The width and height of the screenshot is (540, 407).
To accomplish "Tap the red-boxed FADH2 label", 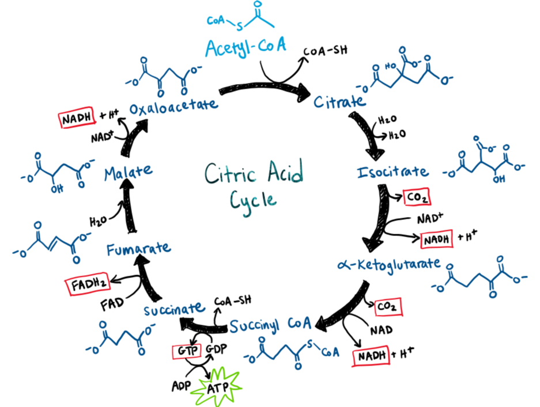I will pos(86,284).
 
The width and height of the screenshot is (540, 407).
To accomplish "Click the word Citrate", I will pos(340,102).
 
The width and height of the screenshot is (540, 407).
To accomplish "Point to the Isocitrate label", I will pos(393,172).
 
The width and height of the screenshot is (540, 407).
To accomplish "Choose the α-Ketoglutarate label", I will pos(390,264).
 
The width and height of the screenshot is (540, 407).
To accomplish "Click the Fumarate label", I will pos(138,249).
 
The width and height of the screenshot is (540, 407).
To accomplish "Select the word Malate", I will pos(129,171).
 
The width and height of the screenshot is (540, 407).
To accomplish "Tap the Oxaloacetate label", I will pos(173,106).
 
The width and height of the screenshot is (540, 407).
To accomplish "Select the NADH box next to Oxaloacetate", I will pos(77,119).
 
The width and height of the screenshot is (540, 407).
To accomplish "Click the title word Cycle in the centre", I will pos(253,199).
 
